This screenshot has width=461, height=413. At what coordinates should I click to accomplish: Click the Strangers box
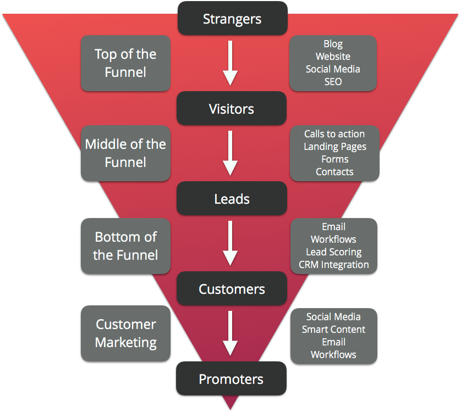tap(232, 18)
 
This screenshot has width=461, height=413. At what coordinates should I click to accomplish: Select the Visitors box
tap(232, 108)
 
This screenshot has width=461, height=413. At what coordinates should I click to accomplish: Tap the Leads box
tap(232, 198)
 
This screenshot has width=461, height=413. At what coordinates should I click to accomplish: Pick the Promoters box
tap(231, 378)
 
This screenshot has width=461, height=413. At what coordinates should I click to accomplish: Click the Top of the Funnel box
tap(125, 63)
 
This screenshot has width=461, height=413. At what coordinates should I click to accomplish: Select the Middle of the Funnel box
tap(125, 153)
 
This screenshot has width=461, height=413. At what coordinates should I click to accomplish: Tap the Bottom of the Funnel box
tap(125, 246)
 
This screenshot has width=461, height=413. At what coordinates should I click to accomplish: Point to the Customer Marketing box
tap(125, 333)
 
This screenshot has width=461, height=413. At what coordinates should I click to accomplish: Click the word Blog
tap(333, 44)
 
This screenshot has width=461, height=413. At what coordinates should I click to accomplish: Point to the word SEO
tap(333, 82)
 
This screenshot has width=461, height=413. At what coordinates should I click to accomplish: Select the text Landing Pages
tap(334, 147)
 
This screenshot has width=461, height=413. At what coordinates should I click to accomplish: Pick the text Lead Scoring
tap(334, 252)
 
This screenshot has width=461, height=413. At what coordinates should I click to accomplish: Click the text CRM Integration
tap(334, 265)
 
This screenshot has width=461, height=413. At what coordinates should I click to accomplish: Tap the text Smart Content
tap(333, 330)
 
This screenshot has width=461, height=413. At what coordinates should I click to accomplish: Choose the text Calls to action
tap(334, 134)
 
